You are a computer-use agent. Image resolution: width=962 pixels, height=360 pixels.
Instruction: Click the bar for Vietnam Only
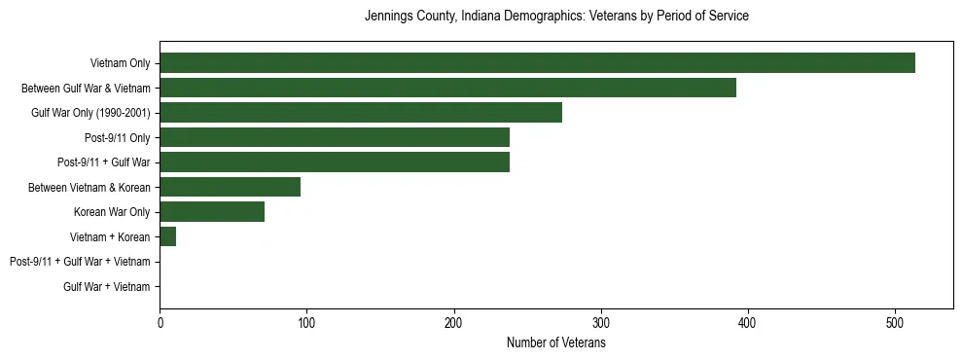537,63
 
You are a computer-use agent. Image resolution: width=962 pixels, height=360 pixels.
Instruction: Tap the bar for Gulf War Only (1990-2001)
361,113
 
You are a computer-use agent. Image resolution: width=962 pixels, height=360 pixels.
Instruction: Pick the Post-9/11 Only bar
335,137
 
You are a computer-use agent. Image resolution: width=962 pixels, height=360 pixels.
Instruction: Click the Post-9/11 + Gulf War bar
335,162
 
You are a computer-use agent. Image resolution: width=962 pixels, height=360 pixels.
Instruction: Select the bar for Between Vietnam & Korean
231,187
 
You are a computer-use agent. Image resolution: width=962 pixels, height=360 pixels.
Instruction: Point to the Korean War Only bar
212,212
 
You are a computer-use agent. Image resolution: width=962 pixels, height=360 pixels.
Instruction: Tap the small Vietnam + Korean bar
168,236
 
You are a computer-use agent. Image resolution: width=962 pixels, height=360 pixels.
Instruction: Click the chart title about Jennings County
555,17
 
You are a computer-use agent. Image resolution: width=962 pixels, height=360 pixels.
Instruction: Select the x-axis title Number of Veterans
555,343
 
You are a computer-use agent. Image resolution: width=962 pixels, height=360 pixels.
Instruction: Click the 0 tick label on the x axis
160,323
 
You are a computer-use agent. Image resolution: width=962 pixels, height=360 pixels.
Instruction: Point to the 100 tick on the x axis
306,323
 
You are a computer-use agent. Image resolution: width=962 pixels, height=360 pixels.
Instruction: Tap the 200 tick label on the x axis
453,323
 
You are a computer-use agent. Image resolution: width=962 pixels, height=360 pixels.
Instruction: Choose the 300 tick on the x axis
601,323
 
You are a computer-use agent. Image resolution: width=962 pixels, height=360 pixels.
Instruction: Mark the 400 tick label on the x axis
748,323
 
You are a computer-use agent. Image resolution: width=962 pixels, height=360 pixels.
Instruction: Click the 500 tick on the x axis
895,323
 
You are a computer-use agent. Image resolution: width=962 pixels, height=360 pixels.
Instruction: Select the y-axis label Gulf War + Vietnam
107,286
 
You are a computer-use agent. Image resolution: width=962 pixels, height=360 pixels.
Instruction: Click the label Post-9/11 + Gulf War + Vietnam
80,262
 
